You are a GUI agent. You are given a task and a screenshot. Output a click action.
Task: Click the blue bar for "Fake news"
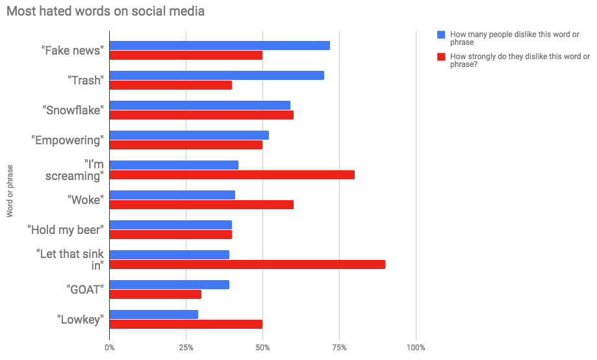point(220,45)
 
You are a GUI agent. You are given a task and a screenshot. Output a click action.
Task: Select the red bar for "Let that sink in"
point(248,264)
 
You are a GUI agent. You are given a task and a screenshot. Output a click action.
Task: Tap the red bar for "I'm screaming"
point(232,175)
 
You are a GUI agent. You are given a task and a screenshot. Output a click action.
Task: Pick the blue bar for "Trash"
point(217,75)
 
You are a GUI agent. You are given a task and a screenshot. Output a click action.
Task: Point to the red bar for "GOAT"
point(155,294)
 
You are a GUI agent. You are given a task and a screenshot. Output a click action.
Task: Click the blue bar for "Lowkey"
point(154,315)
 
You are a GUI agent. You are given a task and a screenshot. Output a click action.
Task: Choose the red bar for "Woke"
point(201,205)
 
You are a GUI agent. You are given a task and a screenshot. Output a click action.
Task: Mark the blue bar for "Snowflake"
point(200,105)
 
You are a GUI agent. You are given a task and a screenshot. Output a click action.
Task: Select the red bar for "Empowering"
point(186,145)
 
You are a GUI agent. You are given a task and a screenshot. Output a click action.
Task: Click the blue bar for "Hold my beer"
point(171,225)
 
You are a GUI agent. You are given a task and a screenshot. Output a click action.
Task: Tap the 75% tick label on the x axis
point(339,347)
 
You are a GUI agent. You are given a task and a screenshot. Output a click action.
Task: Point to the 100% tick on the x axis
point(416,347)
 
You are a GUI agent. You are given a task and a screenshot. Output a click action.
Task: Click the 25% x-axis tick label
point(186,347)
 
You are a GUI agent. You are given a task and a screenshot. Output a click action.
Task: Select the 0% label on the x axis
point(110,347)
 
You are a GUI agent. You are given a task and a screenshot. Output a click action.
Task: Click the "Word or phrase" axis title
point(10,190)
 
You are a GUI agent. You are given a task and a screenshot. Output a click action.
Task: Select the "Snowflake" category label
point(73,110)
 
